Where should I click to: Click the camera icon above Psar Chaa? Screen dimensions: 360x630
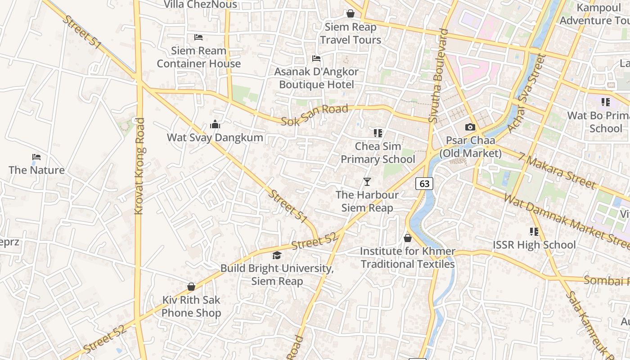[x=470, y=127]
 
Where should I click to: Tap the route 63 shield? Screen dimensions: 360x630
[x=424, y=183]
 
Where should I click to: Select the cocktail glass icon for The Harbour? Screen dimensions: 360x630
[x=367, y=181]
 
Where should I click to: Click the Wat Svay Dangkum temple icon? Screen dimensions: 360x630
[x=215, y=124]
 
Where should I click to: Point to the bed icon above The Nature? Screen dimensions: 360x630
[x=36, y=157]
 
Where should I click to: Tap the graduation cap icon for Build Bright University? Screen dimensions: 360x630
[x=277, y=255]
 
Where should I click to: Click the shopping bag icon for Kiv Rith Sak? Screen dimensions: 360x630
[x=191, y=287]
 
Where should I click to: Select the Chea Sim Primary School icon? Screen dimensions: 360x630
[x=378, y=133]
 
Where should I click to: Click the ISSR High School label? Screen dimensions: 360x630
[x=534, y=245]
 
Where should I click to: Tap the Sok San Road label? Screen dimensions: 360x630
[x=315, y=115]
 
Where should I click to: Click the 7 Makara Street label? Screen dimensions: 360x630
[x=557, y=171]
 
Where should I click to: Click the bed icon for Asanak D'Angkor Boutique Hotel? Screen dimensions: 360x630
[x=316, y=58]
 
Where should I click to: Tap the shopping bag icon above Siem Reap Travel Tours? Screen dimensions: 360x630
[x=351, y=14]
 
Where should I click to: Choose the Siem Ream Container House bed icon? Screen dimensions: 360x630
[x=198, y=37]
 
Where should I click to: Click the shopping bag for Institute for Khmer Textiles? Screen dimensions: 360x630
[x=408, y=238]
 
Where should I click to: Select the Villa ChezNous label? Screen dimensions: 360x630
[x=200, y=4]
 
